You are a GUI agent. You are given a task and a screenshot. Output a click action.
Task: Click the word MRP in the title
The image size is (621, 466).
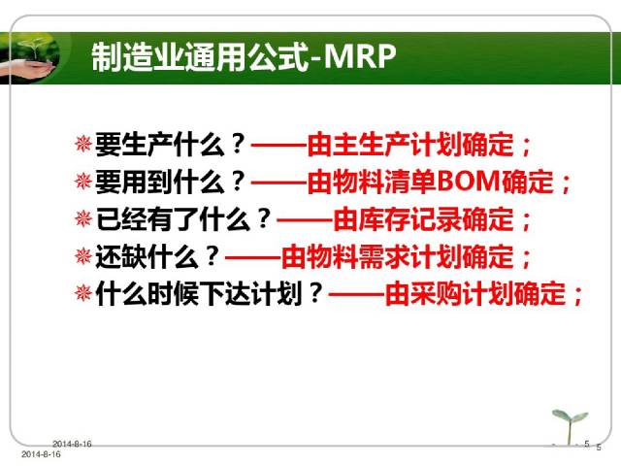pyautogui.click(x=360, y=56)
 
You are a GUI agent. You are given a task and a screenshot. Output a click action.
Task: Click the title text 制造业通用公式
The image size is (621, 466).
pyautogui.click(x=200, y=56)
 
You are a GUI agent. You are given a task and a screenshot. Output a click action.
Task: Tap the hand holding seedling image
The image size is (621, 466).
pyautogui.click(x=30, y=58)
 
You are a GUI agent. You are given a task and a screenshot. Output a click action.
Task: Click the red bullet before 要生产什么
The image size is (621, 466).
pyautogui.click(x=83, y=144)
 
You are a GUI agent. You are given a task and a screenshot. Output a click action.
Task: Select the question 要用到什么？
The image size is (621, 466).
pyautogui.click(x=171, y=182)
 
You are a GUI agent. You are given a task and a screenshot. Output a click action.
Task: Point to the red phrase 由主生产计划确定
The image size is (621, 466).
pyautogui.click(x=410, y=145)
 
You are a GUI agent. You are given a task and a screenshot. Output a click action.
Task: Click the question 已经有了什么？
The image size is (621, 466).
pyautogui.click(x=183, y=219)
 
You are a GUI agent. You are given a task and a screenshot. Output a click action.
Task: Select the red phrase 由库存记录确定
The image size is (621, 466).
pyautogui.click(x=423, y=219)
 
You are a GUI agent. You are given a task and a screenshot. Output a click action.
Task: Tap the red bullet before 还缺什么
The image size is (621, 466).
pyautogui.click(x=83, y=255)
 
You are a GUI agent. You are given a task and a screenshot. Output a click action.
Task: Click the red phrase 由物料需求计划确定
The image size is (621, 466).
pyautogui.click(x=397, y=256)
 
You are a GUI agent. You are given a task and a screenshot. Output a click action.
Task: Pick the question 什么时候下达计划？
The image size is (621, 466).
pyautogui.click(x=210, y=293)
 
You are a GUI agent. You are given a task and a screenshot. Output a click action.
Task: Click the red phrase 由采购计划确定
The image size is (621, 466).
pyautogui.click(x=475, y=293)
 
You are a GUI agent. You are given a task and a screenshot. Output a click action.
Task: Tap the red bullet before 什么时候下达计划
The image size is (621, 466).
pyautogui.click(x=83, y=293)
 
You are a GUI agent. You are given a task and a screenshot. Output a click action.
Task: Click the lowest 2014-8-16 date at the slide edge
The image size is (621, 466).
pyautogui.click(x=41, y=454)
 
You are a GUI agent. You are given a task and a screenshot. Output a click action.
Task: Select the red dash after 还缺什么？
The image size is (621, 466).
pyautogui.click(x=253, y=258)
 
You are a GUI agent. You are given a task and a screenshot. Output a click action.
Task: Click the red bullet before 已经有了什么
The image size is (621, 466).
pyautogui.click(x=83, y=218)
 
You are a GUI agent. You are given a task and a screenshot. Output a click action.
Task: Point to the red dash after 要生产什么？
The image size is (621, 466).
pyautogui.click(x=279, y=146)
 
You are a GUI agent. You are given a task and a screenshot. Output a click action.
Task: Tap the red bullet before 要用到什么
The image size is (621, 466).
pyautogui.click(x=83, y=181)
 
